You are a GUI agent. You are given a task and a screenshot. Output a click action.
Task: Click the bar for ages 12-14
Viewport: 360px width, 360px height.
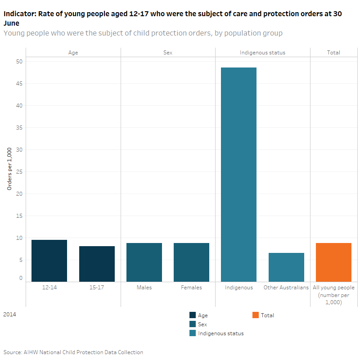49,261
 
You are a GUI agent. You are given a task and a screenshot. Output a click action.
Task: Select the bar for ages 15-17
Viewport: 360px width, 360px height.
97,264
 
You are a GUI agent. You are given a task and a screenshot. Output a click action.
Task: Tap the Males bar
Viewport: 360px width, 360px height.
144,262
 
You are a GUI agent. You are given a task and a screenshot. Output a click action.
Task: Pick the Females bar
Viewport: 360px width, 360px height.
191,262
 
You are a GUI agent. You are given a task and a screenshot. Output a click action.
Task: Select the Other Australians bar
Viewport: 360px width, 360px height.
286,267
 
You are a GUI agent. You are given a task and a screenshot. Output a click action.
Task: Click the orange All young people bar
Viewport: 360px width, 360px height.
333,262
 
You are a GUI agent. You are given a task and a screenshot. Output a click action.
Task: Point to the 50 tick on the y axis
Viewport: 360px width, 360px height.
19,61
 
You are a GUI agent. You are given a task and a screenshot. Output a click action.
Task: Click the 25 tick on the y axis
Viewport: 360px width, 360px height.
19,172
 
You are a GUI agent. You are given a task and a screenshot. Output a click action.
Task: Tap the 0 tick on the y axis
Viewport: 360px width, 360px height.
21,278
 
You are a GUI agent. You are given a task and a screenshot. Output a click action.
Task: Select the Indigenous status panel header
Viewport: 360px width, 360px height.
262,53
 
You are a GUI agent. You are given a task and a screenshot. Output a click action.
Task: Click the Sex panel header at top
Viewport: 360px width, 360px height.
167,53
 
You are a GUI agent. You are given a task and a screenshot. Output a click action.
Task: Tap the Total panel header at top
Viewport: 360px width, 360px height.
333,53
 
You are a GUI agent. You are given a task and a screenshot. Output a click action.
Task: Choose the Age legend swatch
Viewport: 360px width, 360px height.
193,315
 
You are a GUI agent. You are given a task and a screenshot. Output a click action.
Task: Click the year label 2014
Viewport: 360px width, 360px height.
9,315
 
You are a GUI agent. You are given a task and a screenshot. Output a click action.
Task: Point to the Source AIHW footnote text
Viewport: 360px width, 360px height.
73,352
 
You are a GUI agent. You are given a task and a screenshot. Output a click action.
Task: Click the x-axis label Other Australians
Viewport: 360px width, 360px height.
286,288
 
